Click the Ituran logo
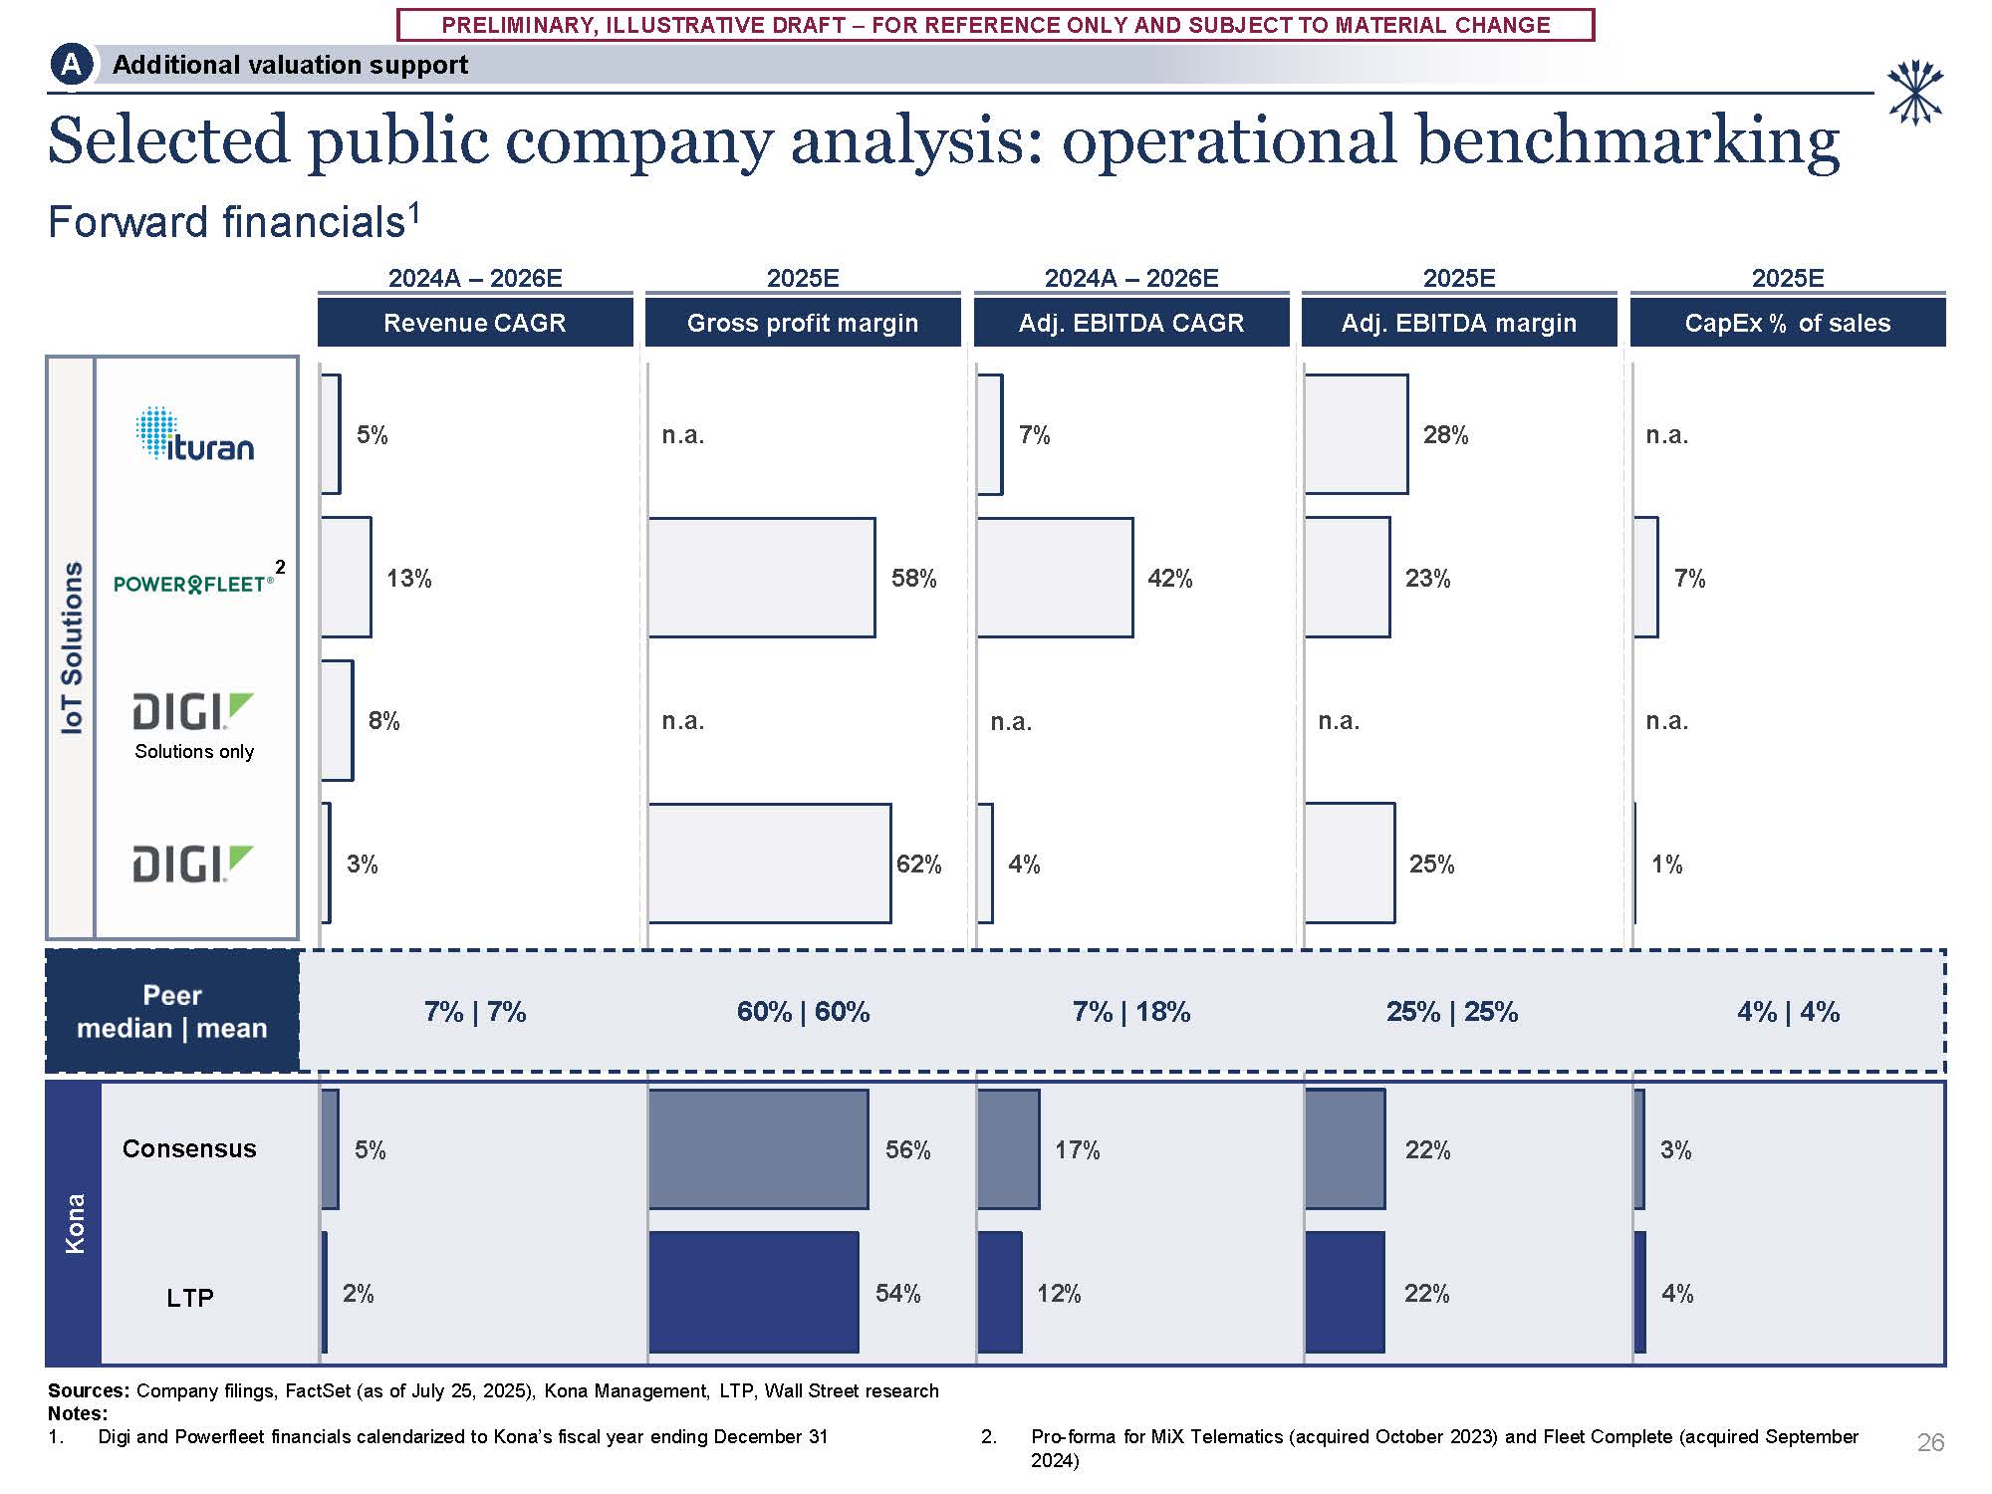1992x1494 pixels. pyautogui.click(x=195, y=434)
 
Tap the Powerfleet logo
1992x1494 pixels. pyautogui.click(x=194, y=583)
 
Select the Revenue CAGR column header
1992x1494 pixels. pyautogui.click(x=475, y=323)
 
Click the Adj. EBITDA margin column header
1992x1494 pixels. pyautogui.click(x=1459, y=323)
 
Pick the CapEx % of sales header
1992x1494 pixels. pyautogui.click(x=1788, y=323)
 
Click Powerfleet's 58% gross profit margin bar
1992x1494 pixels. pyautogui.click(x=762, y=578)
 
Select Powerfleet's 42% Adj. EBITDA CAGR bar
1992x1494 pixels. pyautogui.click(x=1055, y=578)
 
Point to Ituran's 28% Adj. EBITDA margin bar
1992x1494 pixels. pyautogui.click(x=1357, y=434)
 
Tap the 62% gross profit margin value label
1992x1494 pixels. pyautogui.click(x=918, y=865)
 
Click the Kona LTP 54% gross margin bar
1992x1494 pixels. pyautogui.click(x=754, y=1293)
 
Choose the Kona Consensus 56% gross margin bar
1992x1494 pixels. pyautogui.click(x=759, y=1149)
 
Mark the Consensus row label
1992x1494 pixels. pyautogui.click(x=189, y=1149)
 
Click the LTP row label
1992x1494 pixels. pyautogui.click(x=190, y=1298)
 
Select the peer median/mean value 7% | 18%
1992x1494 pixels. pyautogui.click(x=1131, y=1012)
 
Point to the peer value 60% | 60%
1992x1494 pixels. pyautogui.click(x=803, y=1012)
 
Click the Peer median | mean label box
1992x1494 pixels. pyautogui.click(x=172, y=1012)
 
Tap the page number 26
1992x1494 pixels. pyautogui.click(x=1930, y=1442)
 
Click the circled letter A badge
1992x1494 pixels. pyautogui.click(x=71, y=66)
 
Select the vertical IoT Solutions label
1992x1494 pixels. pyautogui.click(x=72, y=647)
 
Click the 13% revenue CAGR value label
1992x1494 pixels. pyautogui.click(x=409, y=579)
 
